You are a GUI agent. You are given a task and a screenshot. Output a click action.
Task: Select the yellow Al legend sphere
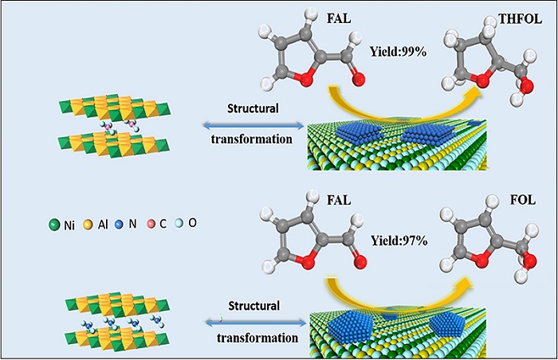coord(88,225)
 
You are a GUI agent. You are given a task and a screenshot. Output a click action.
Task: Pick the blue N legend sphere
coord(120,225)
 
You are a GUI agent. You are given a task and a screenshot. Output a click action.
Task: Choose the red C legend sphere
coord(151,225)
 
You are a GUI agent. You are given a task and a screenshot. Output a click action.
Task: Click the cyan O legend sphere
coord(180,225)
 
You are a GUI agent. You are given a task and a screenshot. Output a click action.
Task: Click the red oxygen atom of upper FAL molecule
coord(357,80)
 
